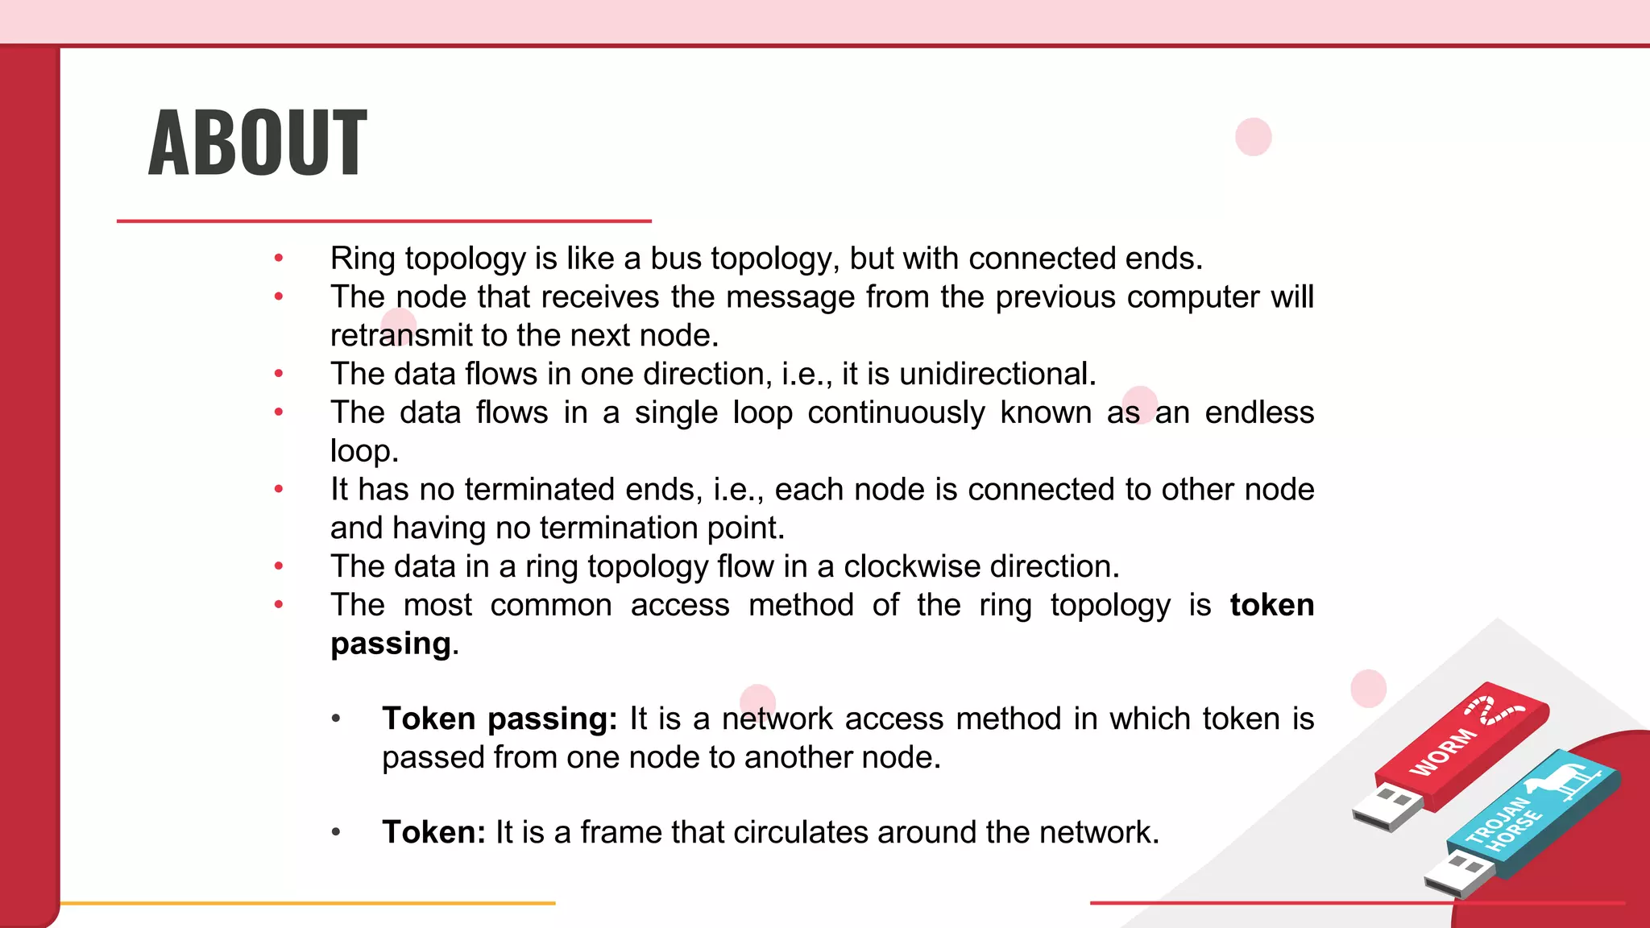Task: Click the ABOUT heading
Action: coord(258,143)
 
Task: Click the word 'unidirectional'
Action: coord(997,374)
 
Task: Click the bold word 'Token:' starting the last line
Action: coord(433,832)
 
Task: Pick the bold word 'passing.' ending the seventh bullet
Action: coord(394,644)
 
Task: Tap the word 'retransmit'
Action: coord(400,335)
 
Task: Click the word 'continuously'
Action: coord(896,412)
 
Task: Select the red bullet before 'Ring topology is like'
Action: coord(279,259)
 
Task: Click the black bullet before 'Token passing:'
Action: coord(336,719)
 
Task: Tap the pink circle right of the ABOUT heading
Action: coord(1253,137)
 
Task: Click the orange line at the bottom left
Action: coord(307,903)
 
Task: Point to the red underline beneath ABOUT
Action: coord(383,221)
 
